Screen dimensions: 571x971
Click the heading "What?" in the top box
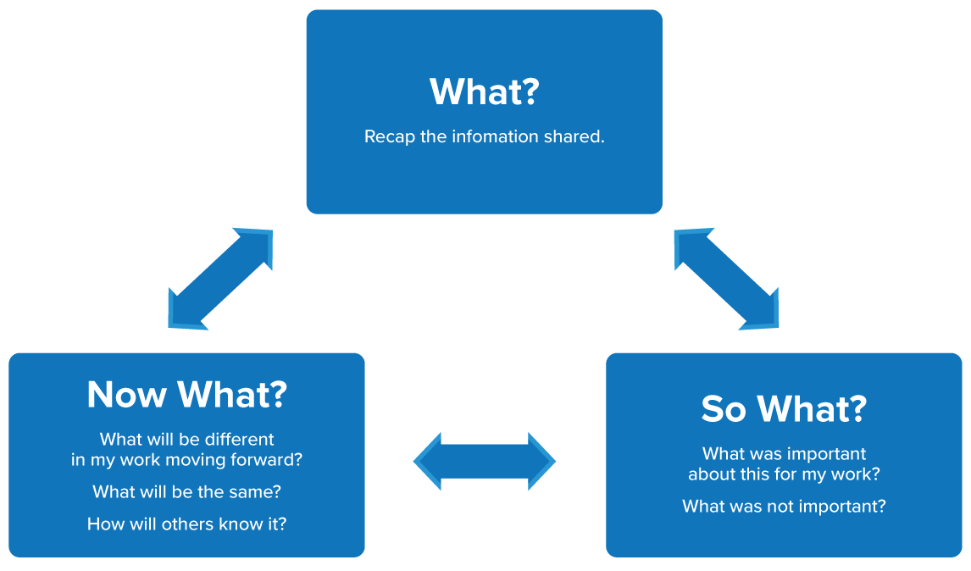click(484, 91)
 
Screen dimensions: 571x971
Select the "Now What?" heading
click(186, 394)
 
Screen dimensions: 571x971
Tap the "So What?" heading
click(784, 408)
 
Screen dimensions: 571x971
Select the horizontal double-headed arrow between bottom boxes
click(484, 462)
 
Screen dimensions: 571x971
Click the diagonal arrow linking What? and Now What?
click(220, 279)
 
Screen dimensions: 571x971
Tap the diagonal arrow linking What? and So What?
click(726, 279)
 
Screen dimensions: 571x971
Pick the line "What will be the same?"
click(186, 491)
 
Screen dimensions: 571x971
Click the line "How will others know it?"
click(186, 524)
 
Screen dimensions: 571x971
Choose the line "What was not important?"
click(784, 507)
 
